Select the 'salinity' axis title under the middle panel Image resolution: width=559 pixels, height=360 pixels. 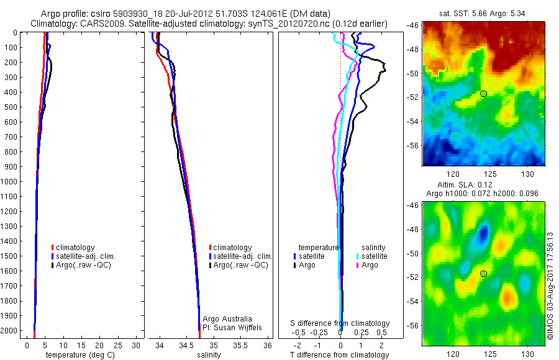click(209, 355)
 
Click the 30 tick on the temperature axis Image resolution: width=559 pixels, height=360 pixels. click(137, 345)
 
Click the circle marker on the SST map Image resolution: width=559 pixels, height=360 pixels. click(483, 94)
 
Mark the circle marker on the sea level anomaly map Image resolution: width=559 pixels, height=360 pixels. click(483, 273)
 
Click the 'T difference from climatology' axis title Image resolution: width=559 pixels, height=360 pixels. click(339, 355)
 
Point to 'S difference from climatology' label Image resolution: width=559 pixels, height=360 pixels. click(340, 323)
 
